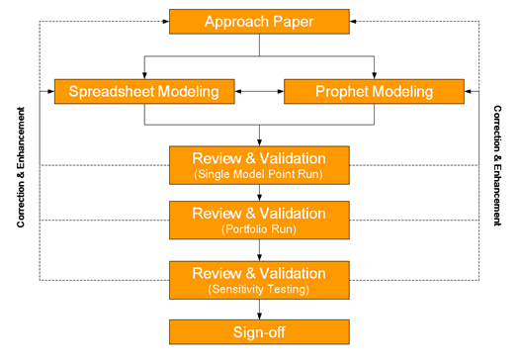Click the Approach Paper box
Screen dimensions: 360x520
(259, 21)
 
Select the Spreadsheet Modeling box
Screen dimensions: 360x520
(145, 92)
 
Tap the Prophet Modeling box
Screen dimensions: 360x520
(373, 92)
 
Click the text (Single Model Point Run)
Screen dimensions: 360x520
(259, 175)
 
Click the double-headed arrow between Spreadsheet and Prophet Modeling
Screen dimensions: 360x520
(259, 92)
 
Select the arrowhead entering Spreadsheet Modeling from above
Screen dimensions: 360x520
(145, 75)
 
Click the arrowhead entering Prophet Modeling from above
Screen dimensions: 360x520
(373, 75)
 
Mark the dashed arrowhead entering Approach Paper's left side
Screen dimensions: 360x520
(164, 21)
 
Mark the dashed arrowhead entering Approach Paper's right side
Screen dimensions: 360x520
(354, 21)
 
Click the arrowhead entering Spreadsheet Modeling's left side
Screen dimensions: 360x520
(50, 92)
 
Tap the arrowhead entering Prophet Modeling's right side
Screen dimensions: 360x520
(468, 92)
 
